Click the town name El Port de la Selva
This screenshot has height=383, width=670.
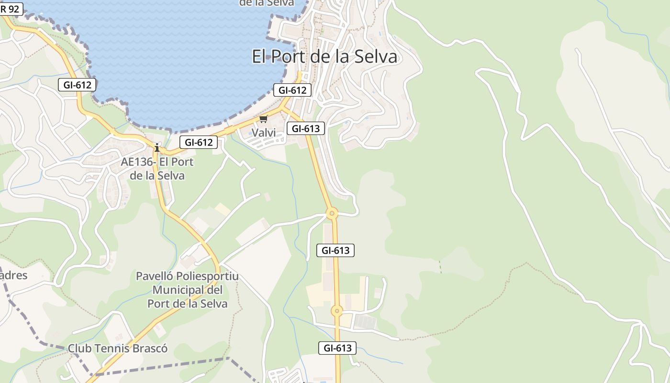[x=324, y=56]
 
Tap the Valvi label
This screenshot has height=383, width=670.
[x=264, y=133]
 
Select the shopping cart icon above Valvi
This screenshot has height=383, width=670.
[x=264, y=119]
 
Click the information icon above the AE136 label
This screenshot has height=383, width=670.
[x=156, y=147]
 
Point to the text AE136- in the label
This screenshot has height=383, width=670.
[x=137, y=162]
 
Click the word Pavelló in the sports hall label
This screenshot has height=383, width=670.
[x=155, y=276]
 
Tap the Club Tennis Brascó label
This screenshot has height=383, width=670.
[x=118, y=348]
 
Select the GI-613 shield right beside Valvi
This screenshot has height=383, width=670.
[x=306, y=128]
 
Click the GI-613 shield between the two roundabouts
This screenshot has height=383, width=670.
[x=335, y=250]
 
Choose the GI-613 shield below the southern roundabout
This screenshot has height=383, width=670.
[x=337, y=348]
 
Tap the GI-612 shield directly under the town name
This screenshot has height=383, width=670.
[x=292, y=90]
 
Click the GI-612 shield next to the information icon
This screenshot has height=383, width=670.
[x=199, y=142]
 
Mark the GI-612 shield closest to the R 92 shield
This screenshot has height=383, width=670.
[x=77, y=85]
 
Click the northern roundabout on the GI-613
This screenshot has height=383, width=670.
[x=332, y=213]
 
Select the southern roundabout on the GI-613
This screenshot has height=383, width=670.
[x=337, y=311]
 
